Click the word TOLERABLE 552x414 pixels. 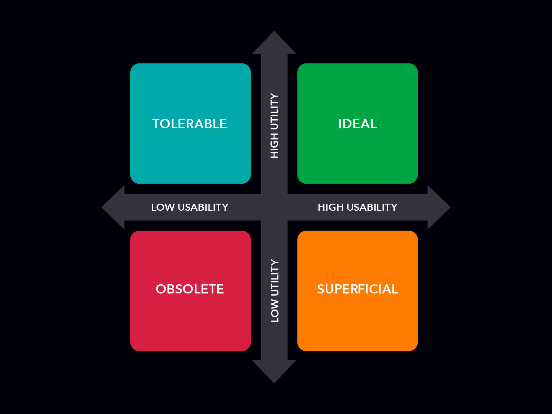click(190, 124)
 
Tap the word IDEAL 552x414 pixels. click(358, 124)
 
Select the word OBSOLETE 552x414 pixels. click(190, 289)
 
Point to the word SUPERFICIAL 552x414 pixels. click(358, 289)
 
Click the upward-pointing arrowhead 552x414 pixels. click(274, 43)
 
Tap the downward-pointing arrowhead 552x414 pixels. click(274, 371)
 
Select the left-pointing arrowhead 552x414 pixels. click(113, 207)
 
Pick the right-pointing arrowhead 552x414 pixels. click(439, 207)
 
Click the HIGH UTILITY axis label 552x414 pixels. click(274, 126)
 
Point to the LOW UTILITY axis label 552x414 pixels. click(275, 291)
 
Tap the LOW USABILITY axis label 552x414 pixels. click(190, 207)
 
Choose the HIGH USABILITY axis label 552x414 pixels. click(358, 207)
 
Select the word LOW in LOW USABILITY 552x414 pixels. click(163, 207)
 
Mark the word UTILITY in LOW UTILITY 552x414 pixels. click(275, 278)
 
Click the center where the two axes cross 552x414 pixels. click(274, 207)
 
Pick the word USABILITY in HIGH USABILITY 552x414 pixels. click(372, 207)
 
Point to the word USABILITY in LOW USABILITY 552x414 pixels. click(203, 207)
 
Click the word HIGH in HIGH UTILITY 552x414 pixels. click(274, 146)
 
